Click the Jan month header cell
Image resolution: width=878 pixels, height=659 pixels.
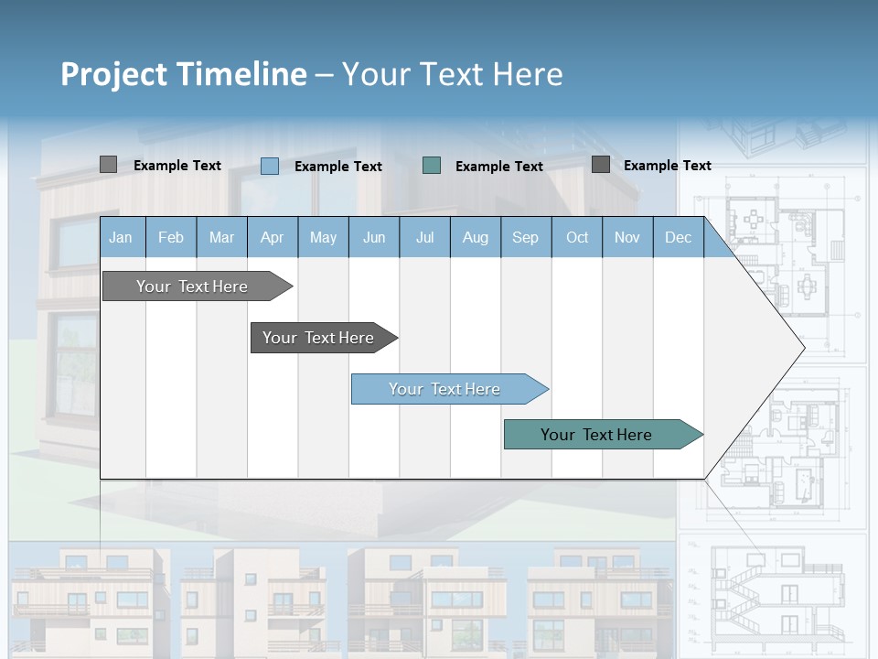click(x=121, y=238)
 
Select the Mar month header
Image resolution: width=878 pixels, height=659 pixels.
click(x=221, y=238)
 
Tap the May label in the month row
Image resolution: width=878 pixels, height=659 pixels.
click(x=323, y=238)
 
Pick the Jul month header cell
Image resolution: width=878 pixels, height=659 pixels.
click(x=424, y=238)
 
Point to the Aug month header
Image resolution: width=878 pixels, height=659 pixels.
click(x=475, y=238)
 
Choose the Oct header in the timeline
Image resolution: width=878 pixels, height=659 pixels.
click(x=577, y=238)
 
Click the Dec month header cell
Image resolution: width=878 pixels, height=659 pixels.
click(x=678, y=238)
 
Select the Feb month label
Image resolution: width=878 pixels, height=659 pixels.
click(x=171, y=238)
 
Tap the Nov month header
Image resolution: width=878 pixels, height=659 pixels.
click(x=627, y=238)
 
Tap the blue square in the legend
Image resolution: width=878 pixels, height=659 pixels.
click(x=270, y=166)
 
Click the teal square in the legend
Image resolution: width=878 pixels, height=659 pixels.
click(x=432, y=166)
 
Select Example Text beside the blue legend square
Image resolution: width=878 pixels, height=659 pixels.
click(x=338, y=167)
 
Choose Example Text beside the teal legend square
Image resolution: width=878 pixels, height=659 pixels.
click(x=499, y=167)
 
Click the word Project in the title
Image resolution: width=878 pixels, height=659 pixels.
click(x=113, y=74)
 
